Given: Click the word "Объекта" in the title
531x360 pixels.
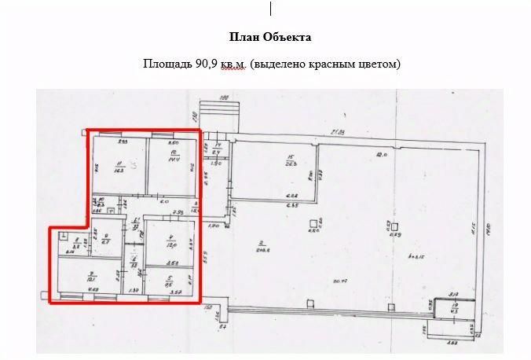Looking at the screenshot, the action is coord(291,37).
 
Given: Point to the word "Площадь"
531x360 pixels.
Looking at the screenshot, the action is coord(163,64).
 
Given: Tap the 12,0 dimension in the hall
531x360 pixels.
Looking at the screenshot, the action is coord(381,155).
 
